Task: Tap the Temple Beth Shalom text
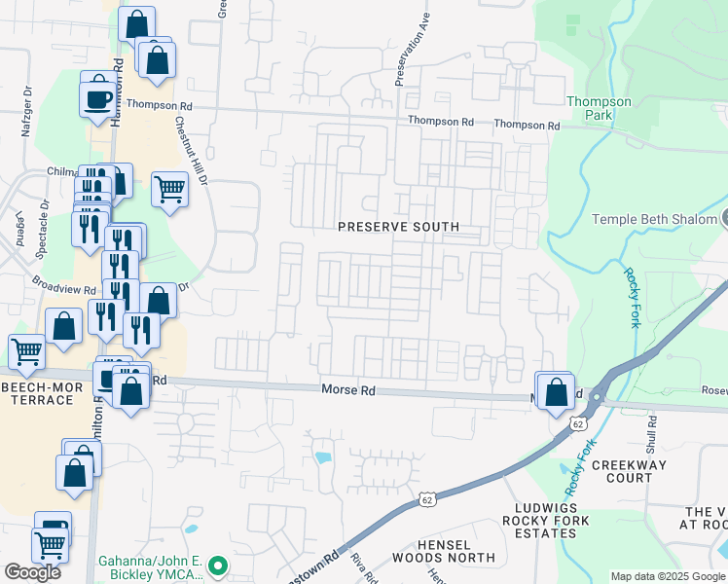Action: click(x=652, y=220)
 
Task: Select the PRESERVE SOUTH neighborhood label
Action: click(x=398, y=227)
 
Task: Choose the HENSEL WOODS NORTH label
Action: click(x=443, y=551)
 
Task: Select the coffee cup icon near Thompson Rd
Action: click(x=97, y=99)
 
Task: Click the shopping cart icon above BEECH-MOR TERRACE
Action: click(x=26, y=352)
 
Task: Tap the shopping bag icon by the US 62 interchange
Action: click(x=556, y=393)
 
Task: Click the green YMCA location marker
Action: click(x=219, y=565)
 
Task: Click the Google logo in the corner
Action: click(x=32, y=571)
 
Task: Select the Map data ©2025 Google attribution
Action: click(x=668, y=576)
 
